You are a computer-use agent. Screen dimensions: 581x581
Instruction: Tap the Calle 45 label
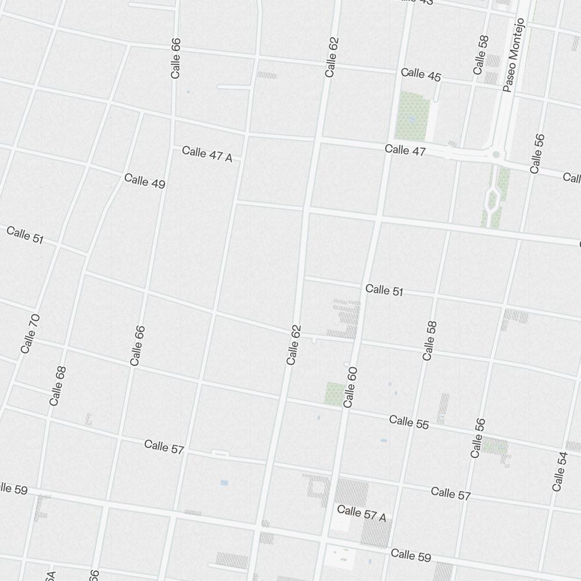[x=421, y=74]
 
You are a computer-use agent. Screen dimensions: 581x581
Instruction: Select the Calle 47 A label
[x=207, y=154]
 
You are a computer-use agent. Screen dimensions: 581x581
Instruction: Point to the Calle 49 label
[x=145, y=181]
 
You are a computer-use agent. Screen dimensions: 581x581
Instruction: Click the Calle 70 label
[x=30, y=333]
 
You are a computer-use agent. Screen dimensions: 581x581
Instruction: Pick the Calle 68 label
[x=58, y=386]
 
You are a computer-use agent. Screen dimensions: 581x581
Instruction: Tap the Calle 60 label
[x=350, y=387]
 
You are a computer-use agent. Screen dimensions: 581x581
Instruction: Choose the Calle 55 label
[x=409, y=422]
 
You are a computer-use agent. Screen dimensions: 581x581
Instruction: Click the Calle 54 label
[x=560, y=471]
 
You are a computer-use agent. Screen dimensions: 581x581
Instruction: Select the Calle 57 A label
[x=361, y=514]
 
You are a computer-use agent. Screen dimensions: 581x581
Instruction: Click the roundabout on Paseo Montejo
[x=496, y=155]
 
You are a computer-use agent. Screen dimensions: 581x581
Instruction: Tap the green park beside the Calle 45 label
[x=413, y=114]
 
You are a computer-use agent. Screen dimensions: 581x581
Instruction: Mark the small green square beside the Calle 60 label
[x=334, y=393]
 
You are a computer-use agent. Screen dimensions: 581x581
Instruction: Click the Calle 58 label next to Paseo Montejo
[x=480, y=55]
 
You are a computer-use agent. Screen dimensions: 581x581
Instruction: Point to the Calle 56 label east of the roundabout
[x=537, y=153]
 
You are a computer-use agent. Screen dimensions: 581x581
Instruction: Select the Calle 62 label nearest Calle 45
[x=332, y=57]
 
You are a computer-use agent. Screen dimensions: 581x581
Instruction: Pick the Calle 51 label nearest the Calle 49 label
[x=25, y=235]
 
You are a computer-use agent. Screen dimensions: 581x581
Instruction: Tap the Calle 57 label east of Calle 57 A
[x=451, y=494]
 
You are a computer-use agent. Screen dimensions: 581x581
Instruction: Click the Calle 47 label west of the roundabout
[x=405, y=150]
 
